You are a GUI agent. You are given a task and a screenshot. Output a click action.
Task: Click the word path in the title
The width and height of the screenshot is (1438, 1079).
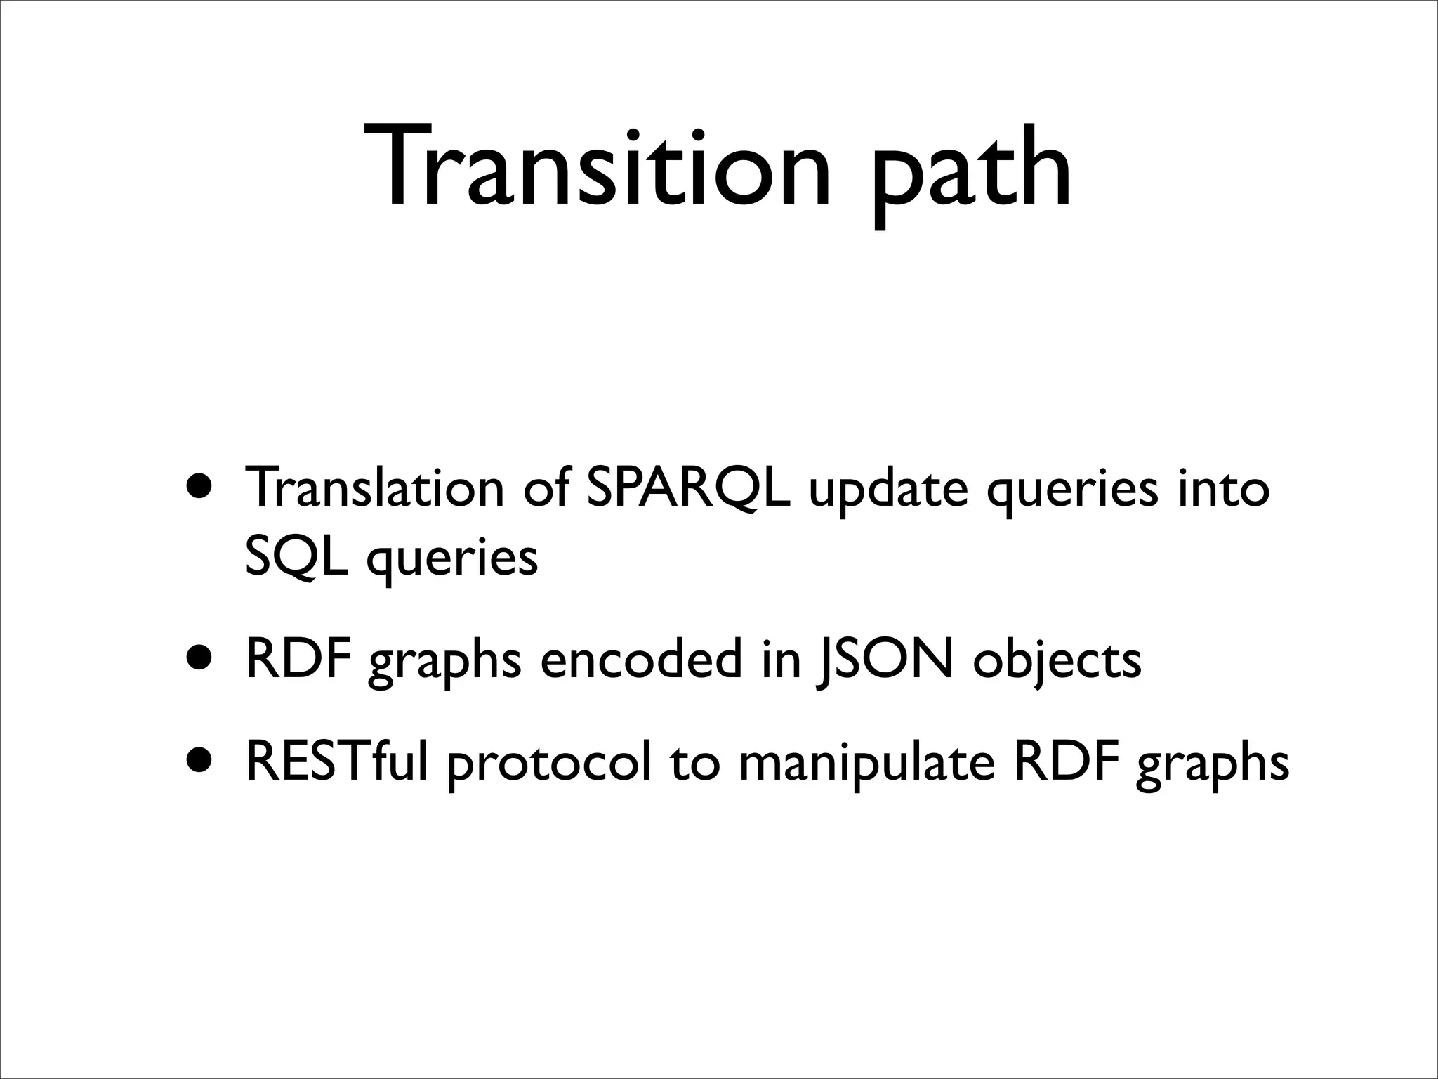pos(972,172)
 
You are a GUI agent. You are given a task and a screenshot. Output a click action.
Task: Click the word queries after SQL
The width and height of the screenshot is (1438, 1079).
pos(453,561)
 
